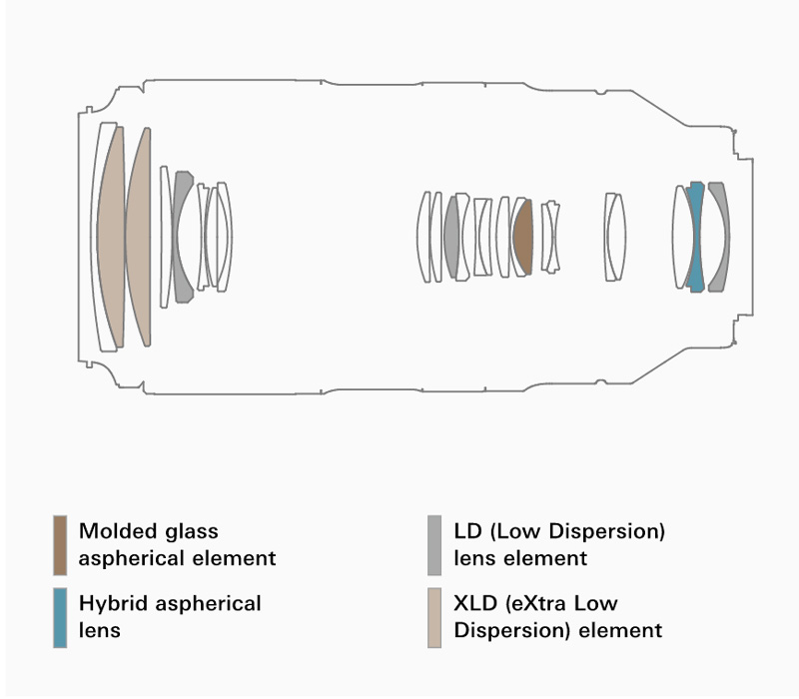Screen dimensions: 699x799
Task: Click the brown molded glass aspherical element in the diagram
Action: [522, 237]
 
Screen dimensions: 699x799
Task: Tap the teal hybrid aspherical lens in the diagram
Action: [696, 237]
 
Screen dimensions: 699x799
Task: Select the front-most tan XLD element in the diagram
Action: [111, 237]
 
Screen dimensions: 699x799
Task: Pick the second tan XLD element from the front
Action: [140, 237]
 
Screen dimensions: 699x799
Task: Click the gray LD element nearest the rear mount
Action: [718, 237]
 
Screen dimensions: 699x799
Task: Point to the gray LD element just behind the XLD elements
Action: [181, 237]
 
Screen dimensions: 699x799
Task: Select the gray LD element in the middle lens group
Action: [452, 237]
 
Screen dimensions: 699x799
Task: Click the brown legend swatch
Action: [60, 545]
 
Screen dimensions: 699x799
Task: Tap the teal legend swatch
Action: [60, 618]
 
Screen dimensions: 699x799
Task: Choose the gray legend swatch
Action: [434, 545]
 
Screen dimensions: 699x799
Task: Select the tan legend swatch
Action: [434, 618]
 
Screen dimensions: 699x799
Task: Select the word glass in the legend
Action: [191, 531]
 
